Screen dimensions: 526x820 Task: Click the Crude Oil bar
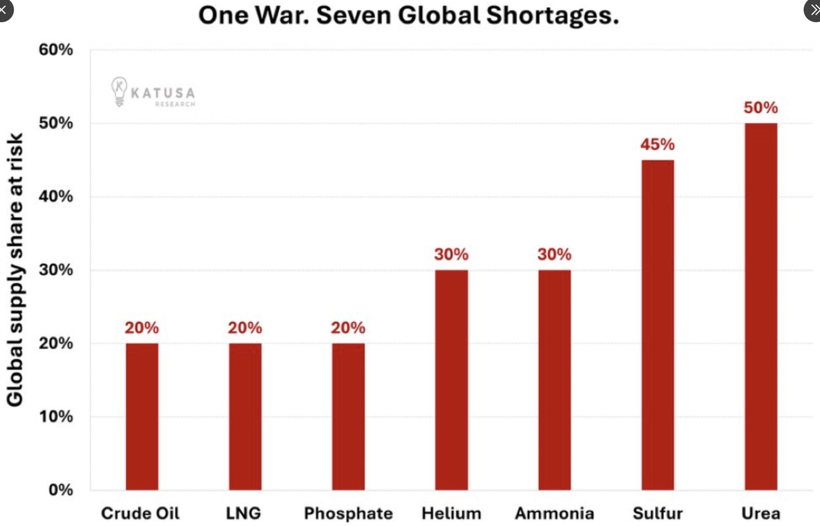[x=142, y=416]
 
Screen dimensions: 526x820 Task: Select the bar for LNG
[x=245, y=416]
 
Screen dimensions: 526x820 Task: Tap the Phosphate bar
[x=348, y=416]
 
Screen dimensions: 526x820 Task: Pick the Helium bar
[x=451, y=379]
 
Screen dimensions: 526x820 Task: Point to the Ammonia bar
[x=554, y=379]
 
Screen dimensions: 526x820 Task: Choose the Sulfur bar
[x=657, y=325]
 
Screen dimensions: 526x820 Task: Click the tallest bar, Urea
[x=760, y=306]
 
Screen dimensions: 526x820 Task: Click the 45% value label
[x=657, y=144]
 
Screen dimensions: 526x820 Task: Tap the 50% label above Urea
[x=760, y=108]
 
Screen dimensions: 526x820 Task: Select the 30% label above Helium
[x=451, y=254]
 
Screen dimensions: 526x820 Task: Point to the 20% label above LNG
[x=245, y=327]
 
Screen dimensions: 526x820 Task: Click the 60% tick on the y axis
[x=56, y=50]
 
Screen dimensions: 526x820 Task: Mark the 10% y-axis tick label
[x=56, y=417]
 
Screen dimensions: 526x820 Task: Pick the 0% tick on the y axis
[x=61, y=490]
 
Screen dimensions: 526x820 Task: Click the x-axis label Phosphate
[x=348, y=513]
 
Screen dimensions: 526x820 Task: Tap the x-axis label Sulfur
[x=657, y=513]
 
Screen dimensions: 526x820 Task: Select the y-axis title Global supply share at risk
[x=15, y=270]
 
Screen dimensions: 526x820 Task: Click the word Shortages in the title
[x=553, y=15]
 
